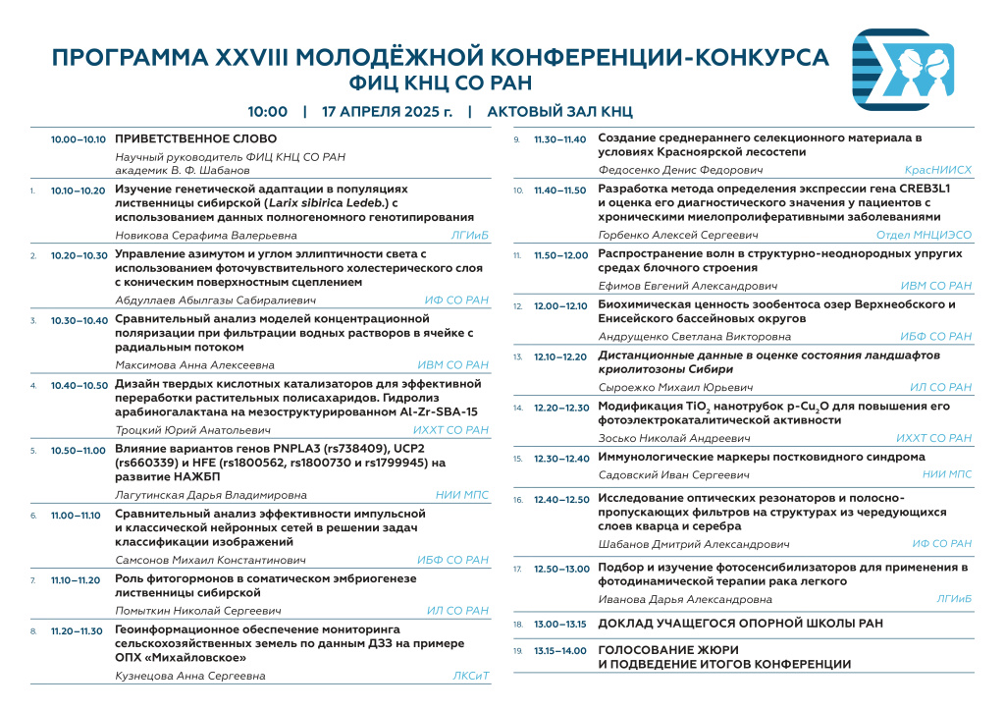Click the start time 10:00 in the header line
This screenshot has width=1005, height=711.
pyautogui.click(x=267, y=111)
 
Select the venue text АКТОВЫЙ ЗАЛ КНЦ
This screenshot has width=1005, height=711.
pyautogui.click(x=559, y=111)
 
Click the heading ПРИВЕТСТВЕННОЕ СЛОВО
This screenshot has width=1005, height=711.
pyautogui.click(x=196, y=139)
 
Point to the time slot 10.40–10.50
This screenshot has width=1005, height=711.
pyautogui.click(x=79, y=385)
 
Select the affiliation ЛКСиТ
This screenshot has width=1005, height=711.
pyautogui.click(x=470, y=676)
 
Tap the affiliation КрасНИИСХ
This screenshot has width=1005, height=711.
pyautogui.click(x=938, y=170)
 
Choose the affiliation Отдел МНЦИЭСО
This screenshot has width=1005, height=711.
pyautogui.click(x=924, y=236)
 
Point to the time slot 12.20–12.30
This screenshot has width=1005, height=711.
pyautogui.click(x=561, y=408)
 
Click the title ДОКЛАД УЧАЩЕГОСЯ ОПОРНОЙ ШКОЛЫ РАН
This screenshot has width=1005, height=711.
pyautogui.click(x=740, y=624)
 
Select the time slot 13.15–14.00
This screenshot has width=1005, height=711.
pyautogui.click(x=560, y=650)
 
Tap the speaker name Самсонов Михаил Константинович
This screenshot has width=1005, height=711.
pyautogui.click(x=211, y=560)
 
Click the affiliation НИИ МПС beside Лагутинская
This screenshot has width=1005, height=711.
pyautogui.click(x=461, y=495)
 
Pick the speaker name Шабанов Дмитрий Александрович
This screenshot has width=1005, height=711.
pyautogui.click(x=694, y=543)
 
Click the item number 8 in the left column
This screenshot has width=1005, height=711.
pyautogui.click(x=34, y=631)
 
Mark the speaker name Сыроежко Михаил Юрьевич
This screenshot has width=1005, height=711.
pyautogui.click(x=667, y=388)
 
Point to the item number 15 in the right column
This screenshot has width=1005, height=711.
pyautogui.click(x=518, y=458)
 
